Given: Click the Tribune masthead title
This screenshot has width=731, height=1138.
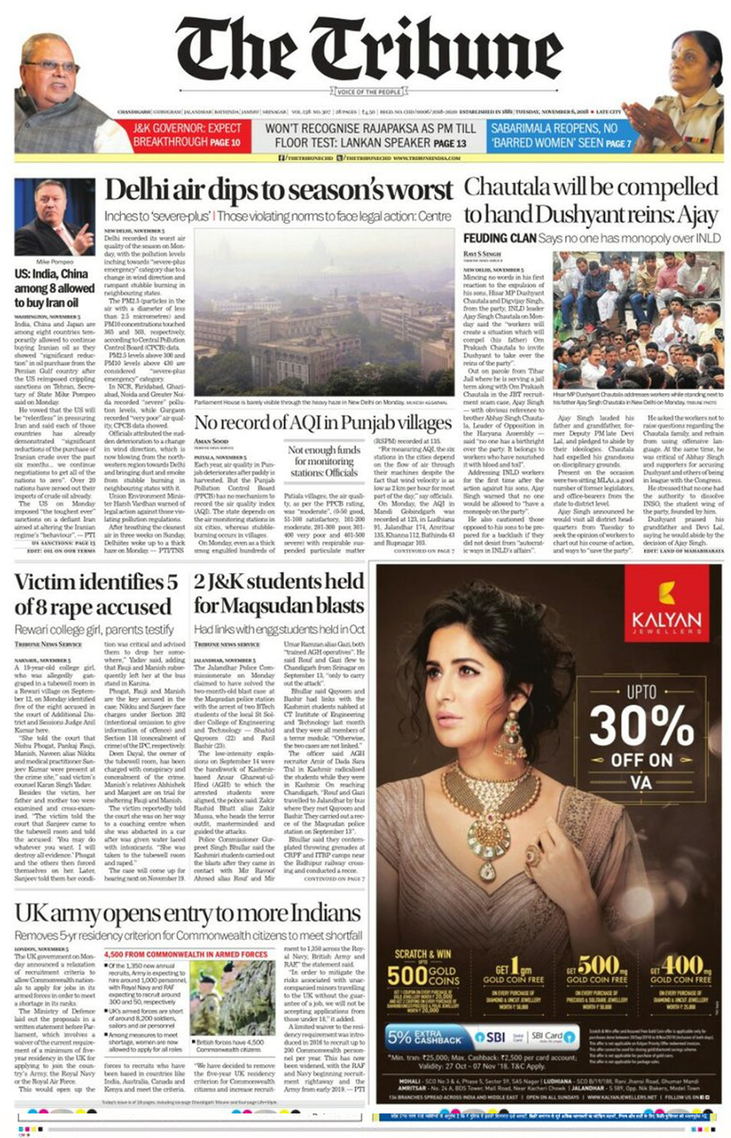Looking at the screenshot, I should tap(369, 50).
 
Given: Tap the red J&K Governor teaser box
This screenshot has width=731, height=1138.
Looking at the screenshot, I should tap(187, 135).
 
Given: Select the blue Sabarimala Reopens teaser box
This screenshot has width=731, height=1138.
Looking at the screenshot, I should tap(560, 135).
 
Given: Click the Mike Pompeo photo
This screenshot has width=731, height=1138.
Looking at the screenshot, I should tap(54, 217).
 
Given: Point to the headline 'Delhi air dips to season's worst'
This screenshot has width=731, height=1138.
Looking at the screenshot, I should tap(279, 190).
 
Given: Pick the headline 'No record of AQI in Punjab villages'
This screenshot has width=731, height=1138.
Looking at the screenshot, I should tap(323, 422).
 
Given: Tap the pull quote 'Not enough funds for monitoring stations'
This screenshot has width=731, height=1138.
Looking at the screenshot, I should tap(324, 461).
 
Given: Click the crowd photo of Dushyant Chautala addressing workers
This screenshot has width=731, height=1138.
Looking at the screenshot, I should tap(638, 320).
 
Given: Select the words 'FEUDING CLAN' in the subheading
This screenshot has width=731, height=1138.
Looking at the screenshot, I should tap(499, 238).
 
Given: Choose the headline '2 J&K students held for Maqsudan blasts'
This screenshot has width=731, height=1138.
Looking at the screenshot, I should tap(279, 594).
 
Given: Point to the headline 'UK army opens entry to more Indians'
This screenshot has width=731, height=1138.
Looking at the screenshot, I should tap(188, 913).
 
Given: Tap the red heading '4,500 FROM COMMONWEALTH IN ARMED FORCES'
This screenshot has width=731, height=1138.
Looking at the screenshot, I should tap(185, 954).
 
